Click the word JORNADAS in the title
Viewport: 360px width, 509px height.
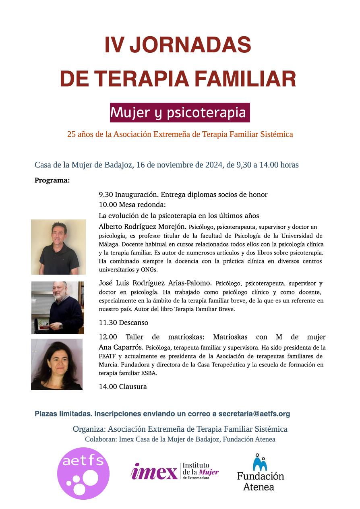click(190, 45)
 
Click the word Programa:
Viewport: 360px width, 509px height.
click(52, 180)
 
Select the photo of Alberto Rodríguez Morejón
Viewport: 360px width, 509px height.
click(58, 247)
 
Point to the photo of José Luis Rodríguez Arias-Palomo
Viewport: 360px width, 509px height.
click(58, 308)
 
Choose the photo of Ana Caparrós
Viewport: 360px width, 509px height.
click(57, 364)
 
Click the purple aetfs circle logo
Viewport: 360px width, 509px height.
click(83, 473)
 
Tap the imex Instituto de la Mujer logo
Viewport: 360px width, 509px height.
click(175, 471)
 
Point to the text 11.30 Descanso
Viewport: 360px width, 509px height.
click(124, 323)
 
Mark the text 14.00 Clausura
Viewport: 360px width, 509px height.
click(123, 387)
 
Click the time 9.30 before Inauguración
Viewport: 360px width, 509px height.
click(106, 194)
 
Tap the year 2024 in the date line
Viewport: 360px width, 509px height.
click(214, 165)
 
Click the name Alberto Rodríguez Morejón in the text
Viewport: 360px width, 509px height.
click(143, 226)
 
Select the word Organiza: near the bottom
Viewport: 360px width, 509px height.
click(89, 429)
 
